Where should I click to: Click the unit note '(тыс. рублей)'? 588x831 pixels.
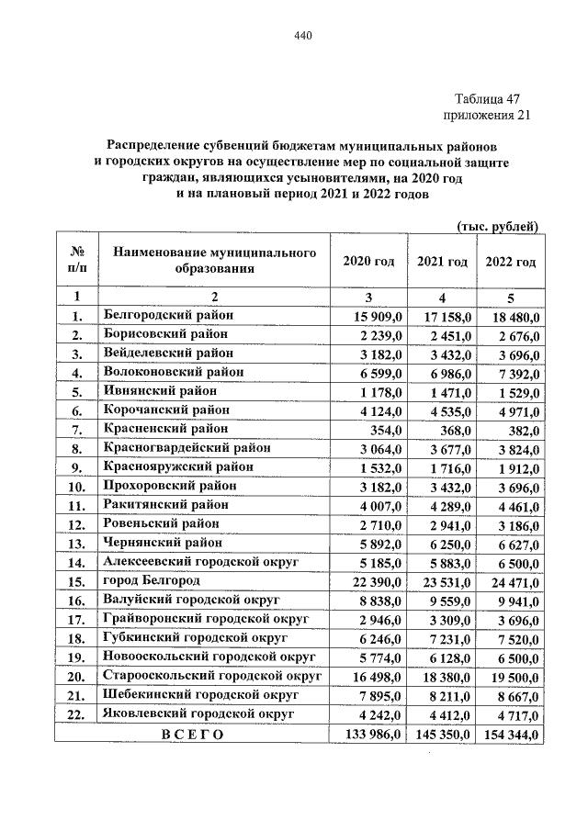tap(497, 227)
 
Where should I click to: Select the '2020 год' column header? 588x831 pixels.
tap(368, 262)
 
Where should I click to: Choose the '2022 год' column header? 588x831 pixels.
tap(511, 262)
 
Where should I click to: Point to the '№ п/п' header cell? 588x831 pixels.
tap(77, 262)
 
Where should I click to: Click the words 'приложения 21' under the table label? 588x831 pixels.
tap(487, 116)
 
